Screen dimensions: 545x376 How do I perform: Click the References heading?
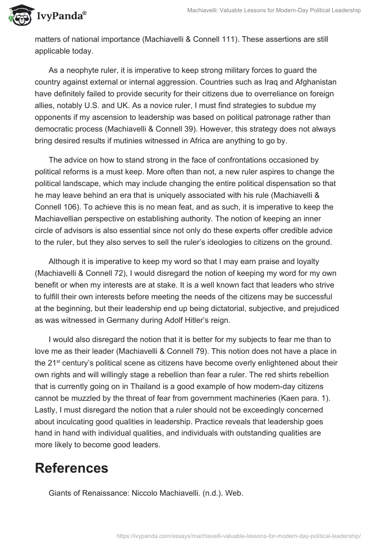71,468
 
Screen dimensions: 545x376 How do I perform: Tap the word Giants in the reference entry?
60,493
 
